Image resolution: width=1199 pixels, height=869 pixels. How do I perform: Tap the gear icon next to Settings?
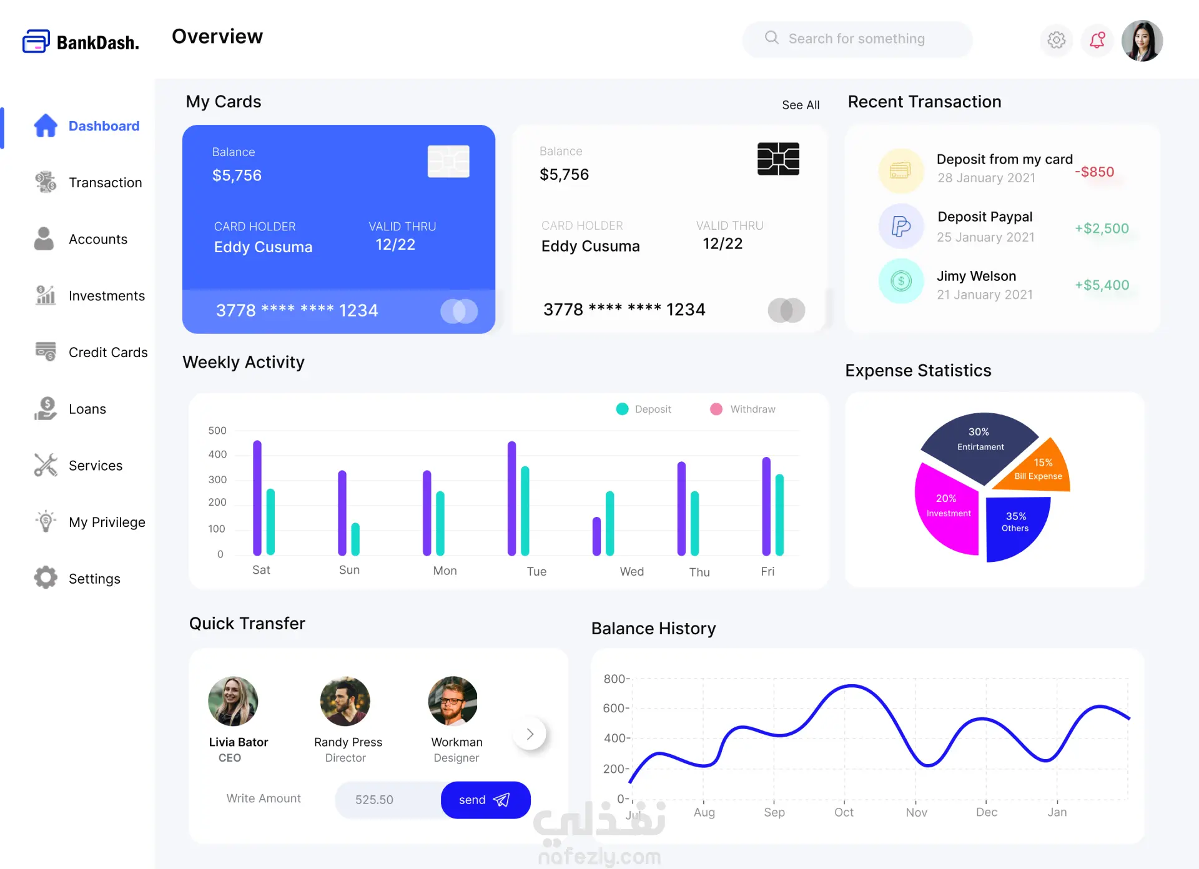tap(46, 578)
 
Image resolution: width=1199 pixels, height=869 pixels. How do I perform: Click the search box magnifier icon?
tap(772, 38)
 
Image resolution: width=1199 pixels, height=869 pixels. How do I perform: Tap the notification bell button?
tap(1097, 41)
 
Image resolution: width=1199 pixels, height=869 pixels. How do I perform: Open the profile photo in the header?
tap(1142, 41)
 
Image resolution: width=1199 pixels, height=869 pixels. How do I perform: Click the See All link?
tap(801, 105)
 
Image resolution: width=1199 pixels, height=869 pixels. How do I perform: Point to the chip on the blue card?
tap(448, 162)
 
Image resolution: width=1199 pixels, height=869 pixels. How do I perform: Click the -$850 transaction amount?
tap(1094, 172)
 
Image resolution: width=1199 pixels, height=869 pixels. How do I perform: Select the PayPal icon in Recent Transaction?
tap(900, 226)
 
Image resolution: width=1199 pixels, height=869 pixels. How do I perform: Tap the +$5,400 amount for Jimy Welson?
tap(1102, 285)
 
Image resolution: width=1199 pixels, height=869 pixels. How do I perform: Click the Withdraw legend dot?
tap(716, 409)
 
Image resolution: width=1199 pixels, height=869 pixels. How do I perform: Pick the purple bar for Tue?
tap(512, 498)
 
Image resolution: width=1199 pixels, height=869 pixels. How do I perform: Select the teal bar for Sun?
tap(355, 539)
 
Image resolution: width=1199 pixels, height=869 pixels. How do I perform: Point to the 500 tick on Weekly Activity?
tap(217, 431)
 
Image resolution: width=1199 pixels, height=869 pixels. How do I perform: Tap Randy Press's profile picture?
tap(345, 701)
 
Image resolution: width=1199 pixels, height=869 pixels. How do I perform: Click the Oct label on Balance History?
tap(844, 812)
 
